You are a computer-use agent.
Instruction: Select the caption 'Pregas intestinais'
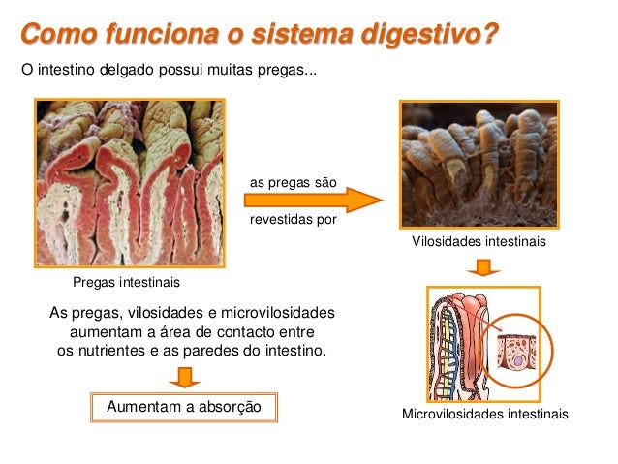pyautogui.click(x=126, y=283)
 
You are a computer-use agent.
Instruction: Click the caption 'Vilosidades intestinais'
pyautogui.click(x=479, y=241)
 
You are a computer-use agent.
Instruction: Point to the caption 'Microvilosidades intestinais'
pyautogui.click(x=484, y=415)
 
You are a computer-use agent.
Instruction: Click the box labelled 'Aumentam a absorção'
pyautogui.click(x=184, y=407)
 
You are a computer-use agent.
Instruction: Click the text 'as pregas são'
pyautogui.click(x=294, y=181)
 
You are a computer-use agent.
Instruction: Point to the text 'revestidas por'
pyautogui.click(x=294, y=219)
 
